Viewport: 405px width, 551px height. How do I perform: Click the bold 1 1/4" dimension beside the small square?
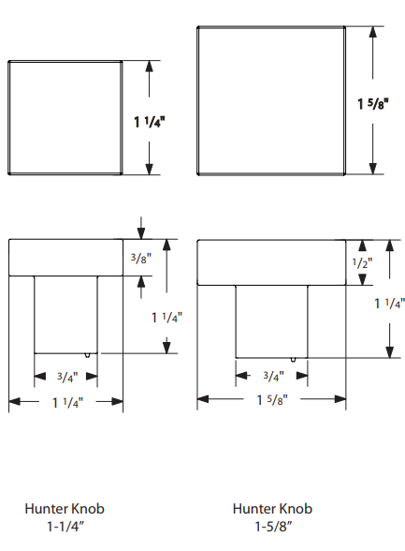click(x=150, y=122)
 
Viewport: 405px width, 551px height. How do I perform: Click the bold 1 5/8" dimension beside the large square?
click(x=373, y=104)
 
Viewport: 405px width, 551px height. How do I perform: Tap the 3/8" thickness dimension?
click(x=141, y=259)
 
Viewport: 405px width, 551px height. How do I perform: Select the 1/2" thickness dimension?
click(x=362, y=262)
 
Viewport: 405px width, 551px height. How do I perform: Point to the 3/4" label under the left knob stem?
click(x=67, y=377)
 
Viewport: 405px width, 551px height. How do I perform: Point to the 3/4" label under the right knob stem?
click(x=273, y=377)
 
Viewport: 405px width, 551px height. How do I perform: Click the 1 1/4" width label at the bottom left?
click(x=67, y=402)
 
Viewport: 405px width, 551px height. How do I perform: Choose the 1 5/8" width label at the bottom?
click(x=272, y=399)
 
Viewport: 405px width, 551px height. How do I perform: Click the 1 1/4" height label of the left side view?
click(x=166, y=318)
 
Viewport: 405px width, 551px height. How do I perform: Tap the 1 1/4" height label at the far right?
click(x=390, y=304)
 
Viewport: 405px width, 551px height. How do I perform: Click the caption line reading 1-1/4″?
click(x=65, y=527)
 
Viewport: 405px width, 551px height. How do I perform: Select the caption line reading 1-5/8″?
click(x=273, y=527)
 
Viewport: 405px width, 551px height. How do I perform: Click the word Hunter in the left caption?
click(x=46, y=509)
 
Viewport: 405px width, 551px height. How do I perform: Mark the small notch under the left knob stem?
click(x=87, y=355)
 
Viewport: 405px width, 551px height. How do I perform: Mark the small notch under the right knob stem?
click(x=293, y=360)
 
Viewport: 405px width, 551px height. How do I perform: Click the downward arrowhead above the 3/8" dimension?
click(x=141, y=233)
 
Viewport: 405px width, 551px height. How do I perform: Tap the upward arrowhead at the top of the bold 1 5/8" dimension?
click(x=373, y=32)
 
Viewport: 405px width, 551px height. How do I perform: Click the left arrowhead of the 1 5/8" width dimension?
click(x=203, y=399)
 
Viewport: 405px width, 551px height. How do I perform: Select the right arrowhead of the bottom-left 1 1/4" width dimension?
click(x=118, y=401)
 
